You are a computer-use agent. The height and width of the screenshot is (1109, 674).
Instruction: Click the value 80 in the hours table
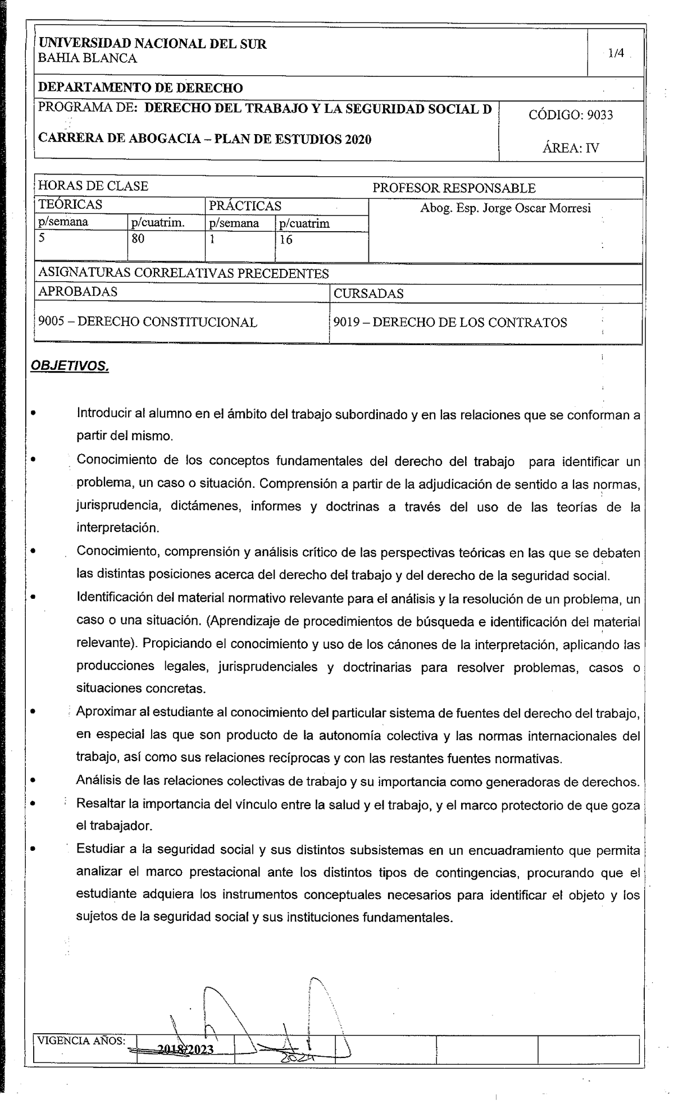[x=138, y=239]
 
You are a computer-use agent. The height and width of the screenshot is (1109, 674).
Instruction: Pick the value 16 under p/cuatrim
[x=285, y=240]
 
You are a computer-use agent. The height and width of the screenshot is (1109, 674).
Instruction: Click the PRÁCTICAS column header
[x=245, y=206]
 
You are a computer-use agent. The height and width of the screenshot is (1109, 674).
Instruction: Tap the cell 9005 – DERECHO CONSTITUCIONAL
[x=148, y=322]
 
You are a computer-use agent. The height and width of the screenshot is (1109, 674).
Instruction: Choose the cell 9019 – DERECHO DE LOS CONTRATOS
[x=450, y=323]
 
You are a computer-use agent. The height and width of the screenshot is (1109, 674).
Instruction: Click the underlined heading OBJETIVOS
[x=70, y=366]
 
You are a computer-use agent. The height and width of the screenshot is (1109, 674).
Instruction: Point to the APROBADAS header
[x=78, y=291]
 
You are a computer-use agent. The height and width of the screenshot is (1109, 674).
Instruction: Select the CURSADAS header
[x=368, y=294]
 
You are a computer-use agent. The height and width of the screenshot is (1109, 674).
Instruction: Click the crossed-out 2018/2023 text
[x=185, y=1050]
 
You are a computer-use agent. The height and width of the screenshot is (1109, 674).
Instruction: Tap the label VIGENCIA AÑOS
[x=81, y=1041]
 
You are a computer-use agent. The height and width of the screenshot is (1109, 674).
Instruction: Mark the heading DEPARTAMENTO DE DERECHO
[x=140, y=88]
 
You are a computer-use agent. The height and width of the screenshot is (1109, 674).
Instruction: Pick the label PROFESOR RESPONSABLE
[x=454, y=189]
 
